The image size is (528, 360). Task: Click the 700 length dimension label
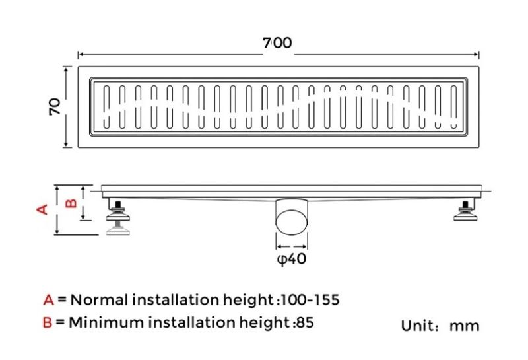point(277,43)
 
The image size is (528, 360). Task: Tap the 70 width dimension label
point(55,106)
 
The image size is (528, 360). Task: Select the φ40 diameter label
point(292,259)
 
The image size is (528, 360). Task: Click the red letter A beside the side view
point(42,209)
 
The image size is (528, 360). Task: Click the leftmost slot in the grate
point(106,107)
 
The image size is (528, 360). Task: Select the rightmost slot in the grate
point(454,107)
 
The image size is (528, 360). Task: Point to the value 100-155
point(310,300)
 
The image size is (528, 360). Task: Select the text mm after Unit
point(465,326)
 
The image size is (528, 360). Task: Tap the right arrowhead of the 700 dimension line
point(476,54)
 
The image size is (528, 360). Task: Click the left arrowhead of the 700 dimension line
point(81,54)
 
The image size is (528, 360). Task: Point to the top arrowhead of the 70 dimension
point(67,69)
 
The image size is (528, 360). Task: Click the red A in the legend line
point(48,300)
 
